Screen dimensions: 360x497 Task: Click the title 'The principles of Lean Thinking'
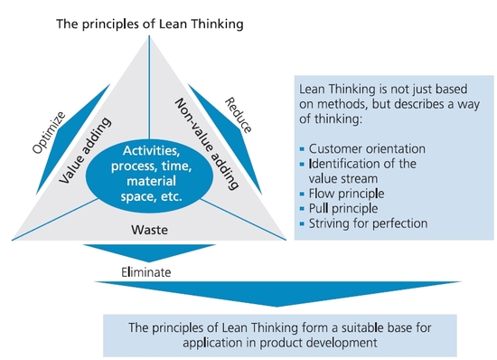pyautogui.click(x=150, y=24)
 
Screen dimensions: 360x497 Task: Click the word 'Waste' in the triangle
pyautogui.click(x=149, y=230)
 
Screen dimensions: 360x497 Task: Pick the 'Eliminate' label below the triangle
pyautogui.click(x=146, y=271)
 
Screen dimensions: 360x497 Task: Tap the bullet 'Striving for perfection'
pyautogui.click(x=365, y=223)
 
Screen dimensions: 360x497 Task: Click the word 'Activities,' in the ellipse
pyautogui.click(x=149, y=147)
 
